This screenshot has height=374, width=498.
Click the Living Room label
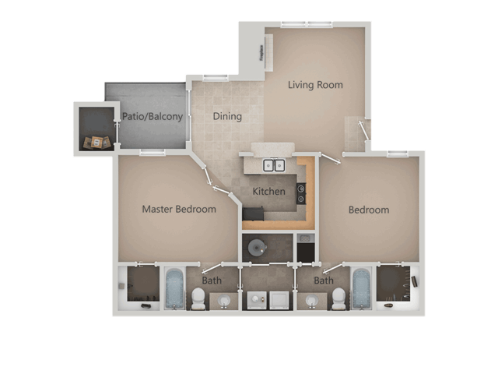pyautogui.click(x=315, y=85)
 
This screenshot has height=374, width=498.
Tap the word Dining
pyautogui.click(x=228, y=116)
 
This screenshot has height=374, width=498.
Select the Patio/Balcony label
pyautogui.click(x=153, y=117)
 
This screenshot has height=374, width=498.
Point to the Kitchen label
pyautogui.click(x=269, y=191)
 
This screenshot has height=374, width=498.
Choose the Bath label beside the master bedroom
pyautogui.click(x=212, y=280)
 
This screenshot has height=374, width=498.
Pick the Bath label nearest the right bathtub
pyautogui.click(x=324, y=280)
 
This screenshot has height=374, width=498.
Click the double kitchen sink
pyautogui.click(x=274, y=165)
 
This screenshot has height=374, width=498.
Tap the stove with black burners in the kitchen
pyautogui.click(x=301, y=192)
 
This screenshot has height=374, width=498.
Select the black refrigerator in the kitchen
pyautogui.click(x=253, y=214)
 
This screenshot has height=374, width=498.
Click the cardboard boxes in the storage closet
pyautogui.click(x=96, y=142)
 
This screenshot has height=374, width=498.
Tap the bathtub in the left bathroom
pyautogui.click(x=173, y=288)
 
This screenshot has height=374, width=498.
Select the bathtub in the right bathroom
pyautogui.click(x=361, y=288)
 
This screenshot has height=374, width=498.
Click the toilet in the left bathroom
pyautogui.click(x=198, y=298)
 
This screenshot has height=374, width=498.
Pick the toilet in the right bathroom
pyautogui.click(x=338, y=298)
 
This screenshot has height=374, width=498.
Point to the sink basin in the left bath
pyautogui.click(x=225, y=300)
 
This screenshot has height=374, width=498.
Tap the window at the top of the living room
pyautogui.click(x=307, y=24)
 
